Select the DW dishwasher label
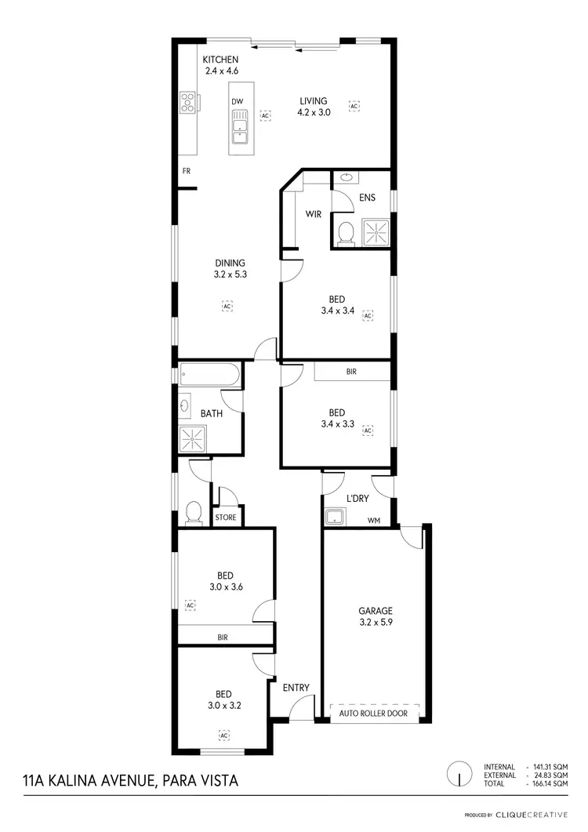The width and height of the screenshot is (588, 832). click(237, 101)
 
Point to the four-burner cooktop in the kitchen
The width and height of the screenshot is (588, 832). click(188, 104)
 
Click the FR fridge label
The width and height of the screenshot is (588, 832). click(187, 170)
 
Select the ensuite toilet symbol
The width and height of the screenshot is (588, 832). click(345, 232)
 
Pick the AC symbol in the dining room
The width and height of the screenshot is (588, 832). click(227, 306)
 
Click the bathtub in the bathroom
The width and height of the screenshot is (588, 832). click(209, 375)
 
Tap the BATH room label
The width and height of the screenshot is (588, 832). click(212, 413)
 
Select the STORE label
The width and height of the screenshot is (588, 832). click(226, 518)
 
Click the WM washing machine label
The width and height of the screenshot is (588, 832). click(375, 519)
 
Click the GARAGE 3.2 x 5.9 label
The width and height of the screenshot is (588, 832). click(376, 616)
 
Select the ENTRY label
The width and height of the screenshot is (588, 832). click(296, 688)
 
